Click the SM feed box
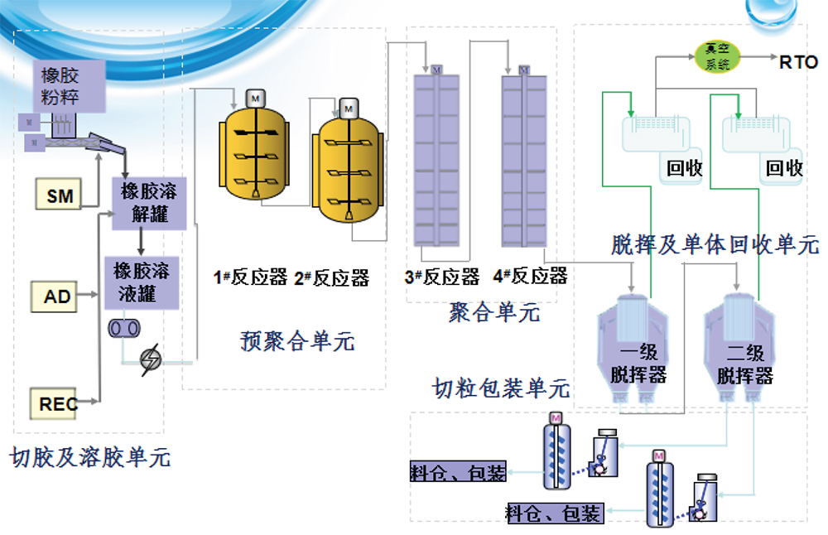click(59, 195)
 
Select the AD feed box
click(57, 296)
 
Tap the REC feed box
click(58, 403)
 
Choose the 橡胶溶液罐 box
click(141, 282)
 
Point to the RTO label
click(798, 62)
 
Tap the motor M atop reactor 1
click(256, 99)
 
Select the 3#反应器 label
click(442, 277)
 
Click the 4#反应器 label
click(530, 277)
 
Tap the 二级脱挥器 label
click(745, 364)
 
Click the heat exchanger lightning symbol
click(152, 359)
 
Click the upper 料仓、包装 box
click(458, 473)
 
